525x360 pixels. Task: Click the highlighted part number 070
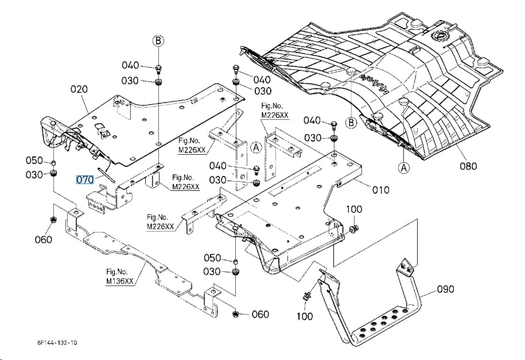pyautogui.click(x=85, y=179)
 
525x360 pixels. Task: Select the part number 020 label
pyautogui.click(x=79, y=89)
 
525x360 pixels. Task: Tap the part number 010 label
pyautogui.click(x=380, y=190)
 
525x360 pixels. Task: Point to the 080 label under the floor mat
pyautogui.click(x=468, y=166)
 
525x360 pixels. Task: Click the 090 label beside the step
pyautogui.click(x=446, y=289)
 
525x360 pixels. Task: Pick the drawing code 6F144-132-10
pyautogui.click(x=57, y=343)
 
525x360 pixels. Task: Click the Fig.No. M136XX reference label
pyautogui.click(x=120, y=277)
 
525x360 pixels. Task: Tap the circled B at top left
pyautogui.click(x=158, y=41)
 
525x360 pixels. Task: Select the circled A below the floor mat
pyautogui.click(x=404, y=167)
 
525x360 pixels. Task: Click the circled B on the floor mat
pyautogui.click(x=351, y=123)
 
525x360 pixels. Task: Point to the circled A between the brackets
pyautogui.click(x=256, y=147)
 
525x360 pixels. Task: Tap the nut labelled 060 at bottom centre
pyautogui.click(x=235, y=314)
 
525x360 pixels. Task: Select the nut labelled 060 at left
pyautogui.click(x=53, y=220)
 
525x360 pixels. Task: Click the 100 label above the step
pyautogui.click(x=354, y=209)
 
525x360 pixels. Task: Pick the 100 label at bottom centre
pyautogui.click(x=304, y=316)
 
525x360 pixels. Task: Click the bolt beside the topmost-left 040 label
pyautogui.click(x=158, y=69)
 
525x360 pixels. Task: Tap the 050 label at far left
pyautogui.click(x=34, y=161)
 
